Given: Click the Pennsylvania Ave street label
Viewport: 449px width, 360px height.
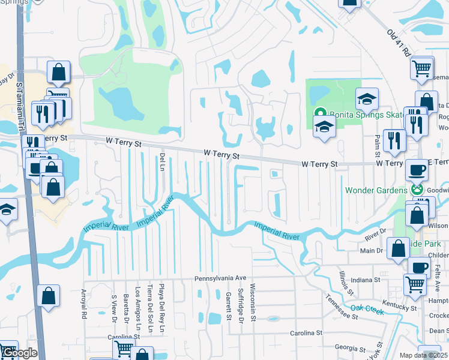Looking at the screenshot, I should pos(220,278).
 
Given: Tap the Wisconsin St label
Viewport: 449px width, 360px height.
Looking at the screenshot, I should pos(253,302).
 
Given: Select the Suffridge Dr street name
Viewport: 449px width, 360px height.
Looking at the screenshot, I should pos(241,305).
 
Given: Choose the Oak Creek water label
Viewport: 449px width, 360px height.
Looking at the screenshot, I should pos(367,308).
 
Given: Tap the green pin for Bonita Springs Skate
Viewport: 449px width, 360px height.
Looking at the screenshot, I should pos(321,112).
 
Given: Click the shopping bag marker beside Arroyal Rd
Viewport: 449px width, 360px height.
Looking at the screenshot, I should pos(48,296).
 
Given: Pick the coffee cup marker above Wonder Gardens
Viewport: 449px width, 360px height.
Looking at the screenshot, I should pos(417,170).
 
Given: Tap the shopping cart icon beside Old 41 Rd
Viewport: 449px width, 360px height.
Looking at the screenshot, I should pos(422,68).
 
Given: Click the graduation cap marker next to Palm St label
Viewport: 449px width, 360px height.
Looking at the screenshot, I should pos(367,99).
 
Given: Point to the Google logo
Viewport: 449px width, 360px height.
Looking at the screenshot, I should pos(19,353).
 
